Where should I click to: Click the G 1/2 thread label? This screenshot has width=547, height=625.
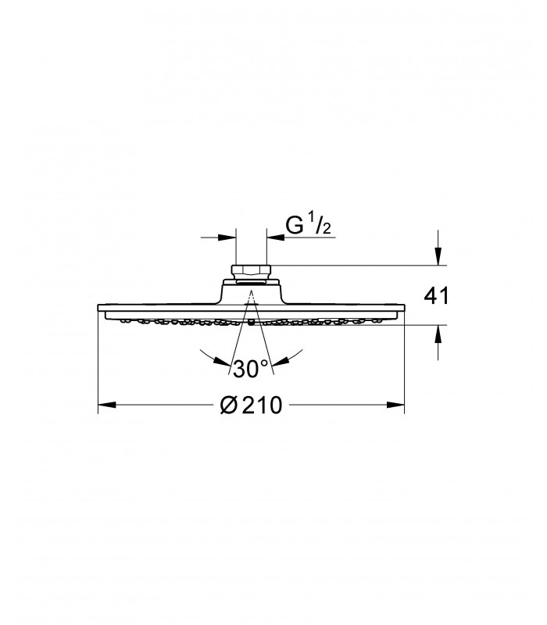308,225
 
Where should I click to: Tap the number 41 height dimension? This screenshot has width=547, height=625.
436,296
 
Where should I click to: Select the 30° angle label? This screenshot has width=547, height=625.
251,369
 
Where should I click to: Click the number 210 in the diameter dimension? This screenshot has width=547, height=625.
263,405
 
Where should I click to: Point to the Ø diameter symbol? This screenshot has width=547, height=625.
229,405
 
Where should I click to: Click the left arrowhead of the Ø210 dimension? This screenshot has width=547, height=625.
107,405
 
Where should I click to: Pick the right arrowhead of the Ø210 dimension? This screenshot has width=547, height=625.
395,405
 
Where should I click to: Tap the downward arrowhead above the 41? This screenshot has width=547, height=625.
438,256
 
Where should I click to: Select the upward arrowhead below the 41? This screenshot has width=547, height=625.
438,334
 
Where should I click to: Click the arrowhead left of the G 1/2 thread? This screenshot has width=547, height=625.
227,237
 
